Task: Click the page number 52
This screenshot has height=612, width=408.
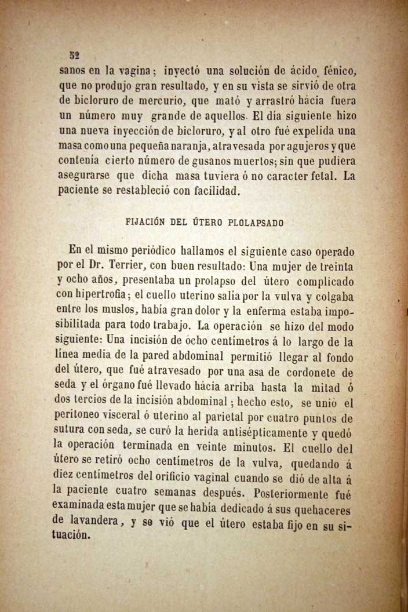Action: click(x=74, y=56)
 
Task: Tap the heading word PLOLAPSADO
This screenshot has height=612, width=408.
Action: click(x=257, y=223)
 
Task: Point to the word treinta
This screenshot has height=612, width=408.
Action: click(x=331, y=267)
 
